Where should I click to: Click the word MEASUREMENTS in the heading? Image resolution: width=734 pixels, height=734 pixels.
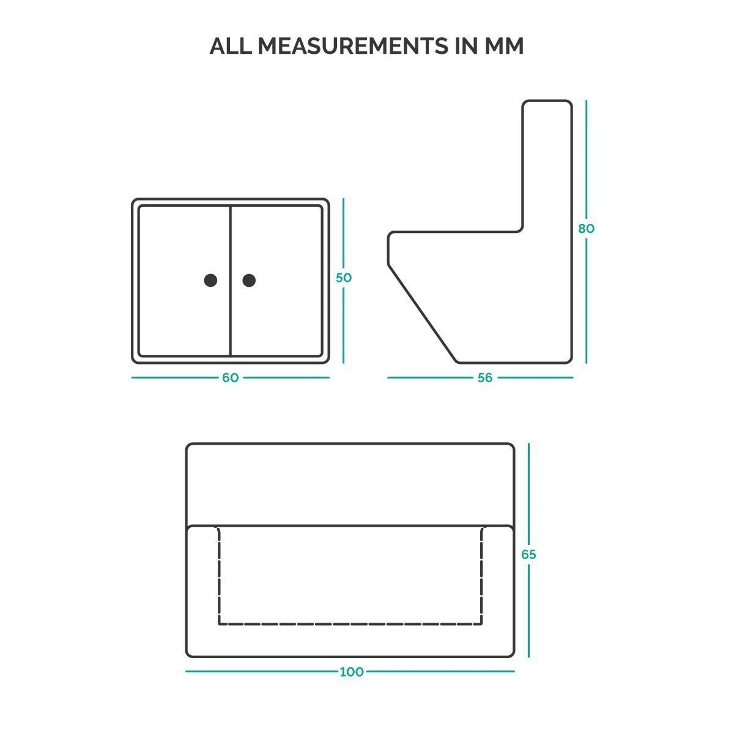[353, 46]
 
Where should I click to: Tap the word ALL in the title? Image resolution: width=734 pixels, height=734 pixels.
[231, 46]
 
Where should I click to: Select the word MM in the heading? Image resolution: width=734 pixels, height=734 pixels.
[504, 46]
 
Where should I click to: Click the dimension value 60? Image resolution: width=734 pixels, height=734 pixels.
[230, 377]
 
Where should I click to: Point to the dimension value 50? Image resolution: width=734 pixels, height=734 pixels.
[344, 278]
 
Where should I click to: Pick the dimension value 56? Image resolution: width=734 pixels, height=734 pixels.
[485, 377]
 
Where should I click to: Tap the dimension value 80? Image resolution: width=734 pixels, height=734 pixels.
[586, 229]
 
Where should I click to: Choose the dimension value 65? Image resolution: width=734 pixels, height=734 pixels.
[528, 554]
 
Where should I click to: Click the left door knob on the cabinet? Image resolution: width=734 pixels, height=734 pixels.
[210, 280]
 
